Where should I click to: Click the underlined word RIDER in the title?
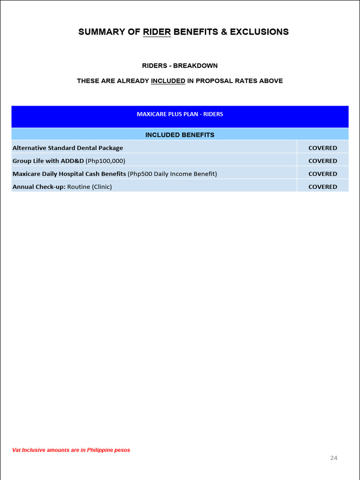[157, 32]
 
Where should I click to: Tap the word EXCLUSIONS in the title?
[259, 32]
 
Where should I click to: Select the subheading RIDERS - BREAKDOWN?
[180, 66]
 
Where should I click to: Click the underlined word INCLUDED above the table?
[168, 81]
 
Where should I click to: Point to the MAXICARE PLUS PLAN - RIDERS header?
[180, 114]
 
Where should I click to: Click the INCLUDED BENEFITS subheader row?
[180, 135]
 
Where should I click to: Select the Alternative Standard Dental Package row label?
[67, 148]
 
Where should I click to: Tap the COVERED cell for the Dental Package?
[322, 148]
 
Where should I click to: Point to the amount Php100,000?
[105, 161]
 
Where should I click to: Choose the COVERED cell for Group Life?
[322, 161]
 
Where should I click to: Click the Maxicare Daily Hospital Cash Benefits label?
[69, 174]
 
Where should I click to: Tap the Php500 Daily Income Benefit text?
[172, 174]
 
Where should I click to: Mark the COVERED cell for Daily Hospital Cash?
[322, 174]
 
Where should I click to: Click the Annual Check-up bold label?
[39, 187]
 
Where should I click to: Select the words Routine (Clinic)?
[90, 187]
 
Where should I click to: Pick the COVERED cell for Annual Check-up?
[322, 187]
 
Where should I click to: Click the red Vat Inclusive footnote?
[71, 450]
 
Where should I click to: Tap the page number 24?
[334, 458]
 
